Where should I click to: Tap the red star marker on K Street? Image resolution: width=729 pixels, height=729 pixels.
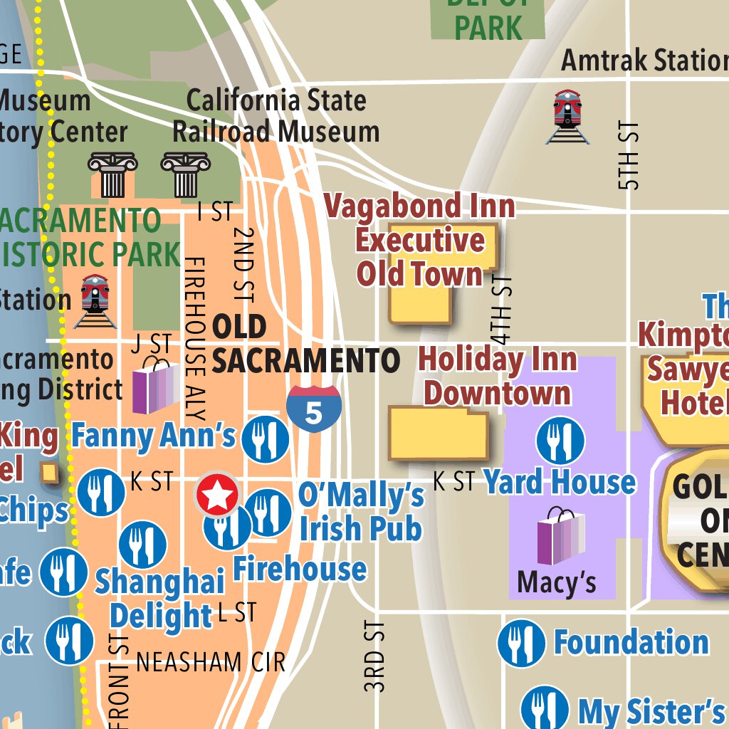click(x=216, y=494)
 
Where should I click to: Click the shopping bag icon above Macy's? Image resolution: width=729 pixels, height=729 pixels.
click(x=561, y=537)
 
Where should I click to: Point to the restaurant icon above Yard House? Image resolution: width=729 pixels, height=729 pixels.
click(x=560, y=441)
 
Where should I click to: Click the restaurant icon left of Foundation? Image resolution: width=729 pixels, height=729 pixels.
click(x=521, y=643)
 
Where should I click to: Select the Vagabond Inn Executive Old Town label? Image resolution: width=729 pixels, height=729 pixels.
click(x=420, y=240)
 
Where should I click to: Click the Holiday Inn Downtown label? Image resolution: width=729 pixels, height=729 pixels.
click(x=497, y=376)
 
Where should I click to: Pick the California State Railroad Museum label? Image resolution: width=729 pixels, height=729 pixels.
click(x=276, y=116)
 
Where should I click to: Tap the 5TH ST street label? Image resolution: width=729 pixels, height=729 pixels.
click(x=629, y=155)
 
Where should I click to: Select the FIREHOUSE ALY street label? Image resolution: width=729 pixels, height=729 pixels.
click(x=194, y=339)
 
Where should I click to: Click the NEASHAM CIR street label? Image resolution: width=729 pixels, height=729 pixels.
click(x=211, y=662)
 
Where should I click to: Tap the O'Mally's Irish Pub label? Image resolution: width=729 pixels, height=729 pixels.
click(x=361, y=513)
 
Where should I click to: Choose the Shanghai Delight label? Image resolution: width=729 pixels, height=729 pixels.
click(x=161, y=599)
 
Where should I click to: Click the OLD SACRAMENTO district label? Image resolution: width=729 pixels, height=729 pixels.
click(x=305, y=344)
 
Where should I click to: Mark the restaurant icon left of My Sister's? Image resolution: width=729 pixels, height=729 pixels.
click(x=545, y=708)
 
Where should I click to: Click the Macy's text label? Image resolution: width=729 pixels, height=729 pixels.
click(x=557, y=582)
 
